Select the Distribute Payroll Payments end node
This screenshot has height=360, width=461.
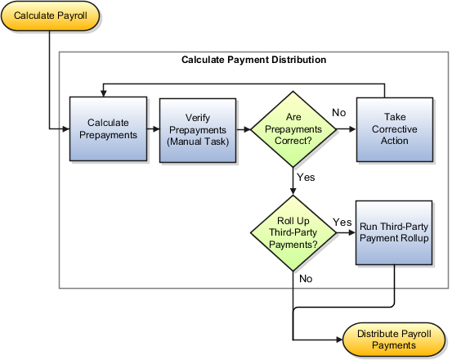tap(396, 339)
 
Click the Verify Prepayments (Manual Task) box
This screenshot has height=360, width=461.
tap(198, 129)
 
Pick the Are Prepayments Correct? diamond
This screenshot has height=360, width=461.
tap(293, 128)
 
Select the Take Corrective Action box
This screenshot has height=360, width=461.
tap(395, 129)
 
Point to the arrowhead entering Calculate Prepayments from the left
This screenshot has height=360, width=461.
tap(66, 129)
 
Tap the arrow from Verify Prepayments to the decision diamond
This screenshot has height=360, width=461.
tap(244, 129)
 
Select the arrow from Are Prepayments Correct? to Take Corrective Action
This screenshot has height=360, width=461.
tap(346, 129)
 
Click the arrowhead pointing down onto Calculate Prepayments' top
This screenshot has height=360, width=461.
tap(102, 92)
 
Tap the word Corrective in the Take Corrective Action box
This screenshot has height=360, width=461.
tap(395, 129)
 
